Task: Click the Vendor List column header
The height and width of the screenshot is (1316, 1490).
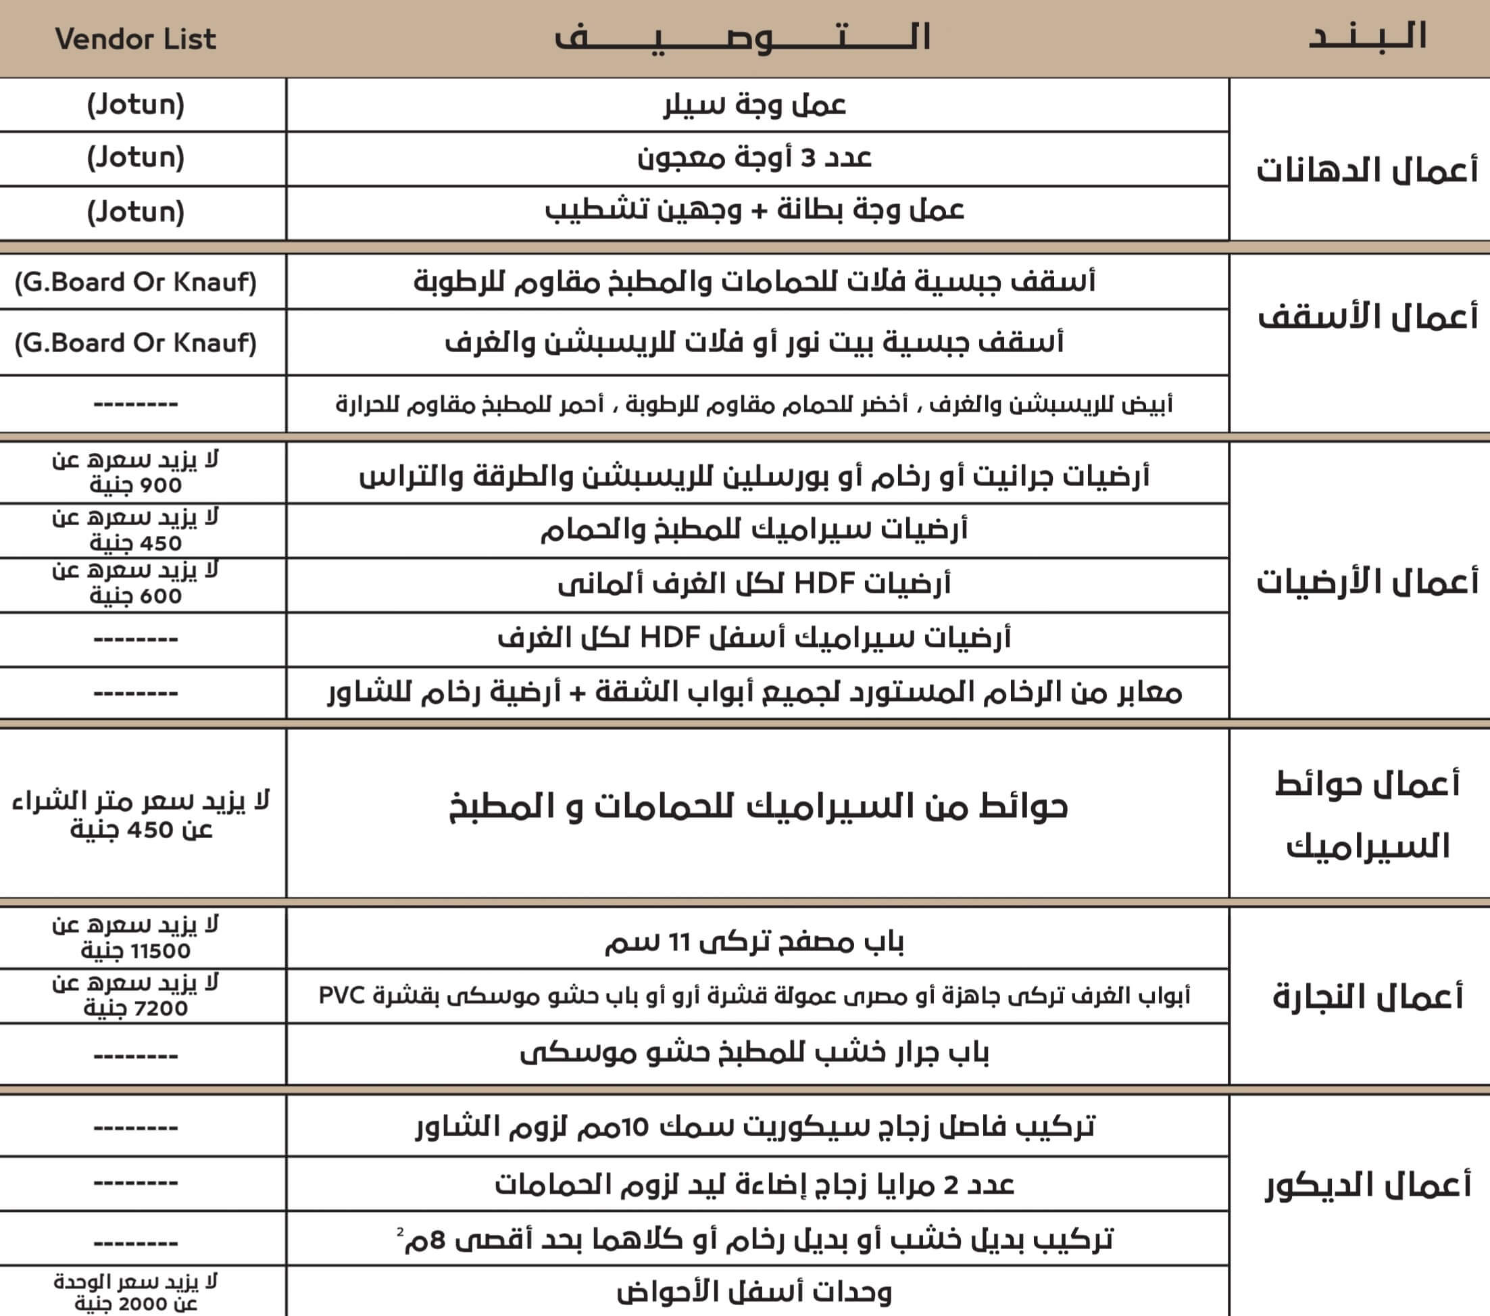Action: click(x=136, y=39)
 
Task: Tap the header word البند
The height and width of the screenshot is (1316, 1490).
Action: click(x=1368, y=36)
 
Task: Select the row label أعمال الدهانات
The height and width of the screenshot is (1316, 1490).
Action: click(x=1367, y=170)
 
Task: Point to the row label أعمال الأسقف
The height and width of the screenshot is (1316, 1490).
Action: click(x=1368, y=316)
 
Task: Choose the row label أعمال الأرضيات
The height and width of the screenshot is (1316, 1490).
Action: click(x=1367, y=581)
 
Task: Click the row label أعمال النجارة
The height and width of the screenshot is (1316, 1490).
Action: click(x=1368, y=996)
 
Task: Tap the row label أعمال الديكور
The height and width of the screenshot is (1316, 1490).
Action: click(x=1368, y=1185)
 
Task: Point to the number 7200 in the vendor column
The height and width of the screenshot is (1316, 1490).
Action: click(x=160, y=1009)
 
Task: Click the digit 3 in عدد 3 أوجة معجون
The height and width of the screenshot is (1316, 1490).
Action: click(x=808, y=158)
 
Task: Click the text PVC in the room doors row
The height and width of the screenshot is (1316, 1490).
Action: click(x=341, y=995)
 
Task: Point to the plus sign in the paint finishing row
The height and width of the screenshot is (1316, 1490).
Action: click(x=760, y=212)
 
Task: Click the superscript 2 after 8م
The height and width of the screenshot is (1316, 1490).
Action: click(x=400, y=1232)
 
